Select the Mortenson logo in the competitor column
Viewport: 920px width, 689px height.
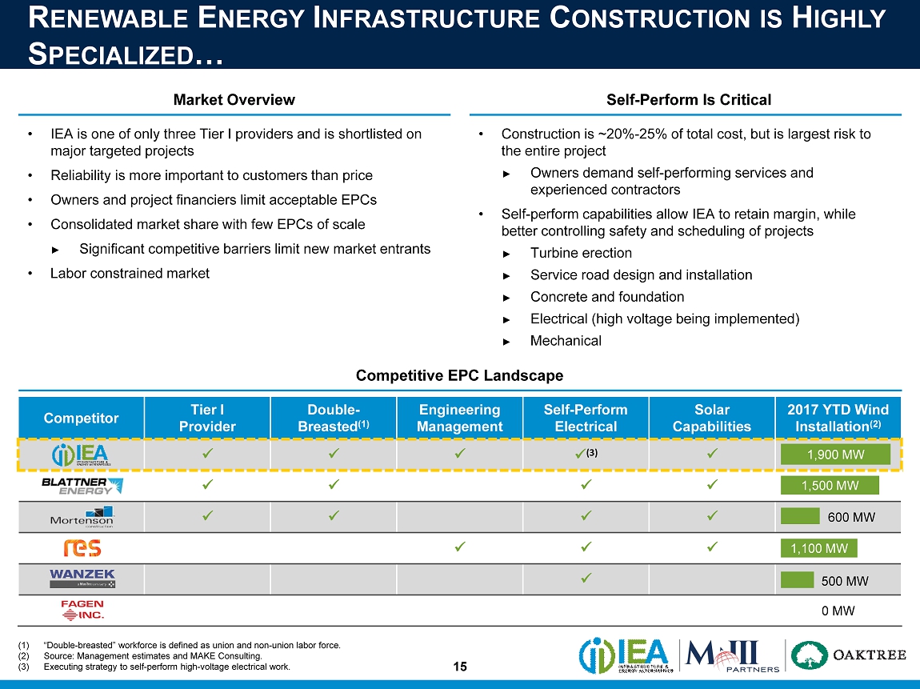(81, 517)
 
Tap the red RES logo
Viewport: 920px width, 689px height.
(82, 548)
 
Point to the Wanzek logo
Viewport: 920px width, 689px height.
(82, 579)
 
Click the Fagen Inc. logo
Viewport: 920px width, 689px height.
(82, 610)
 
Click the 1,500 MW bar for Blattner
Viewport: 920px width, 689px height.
(830, 486)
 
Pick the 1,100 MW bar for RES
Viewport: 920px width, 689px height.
(819, 548)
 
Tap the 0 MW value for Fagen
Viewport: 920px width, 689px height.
(838, 611)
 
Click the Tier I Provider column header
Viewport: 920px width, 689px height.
(207, 418)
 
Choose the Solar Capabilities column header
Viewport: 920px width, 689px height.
(711, 418)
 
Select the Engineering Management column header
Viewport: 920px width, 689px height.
(459, 418)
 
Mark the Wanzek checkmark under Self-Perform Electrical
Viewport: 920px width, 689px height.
(586, 578)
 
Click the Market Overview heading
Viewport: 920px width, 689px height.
(234, 100)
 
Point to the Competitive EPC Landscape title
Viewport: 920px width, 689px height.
(459, 375)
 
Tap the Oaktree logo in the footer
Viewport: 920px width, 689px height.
(850, 655)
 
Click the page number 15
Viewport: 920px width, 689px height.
(459, 667)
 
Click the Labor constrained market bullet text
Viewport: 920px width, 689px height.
(130, 274)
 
